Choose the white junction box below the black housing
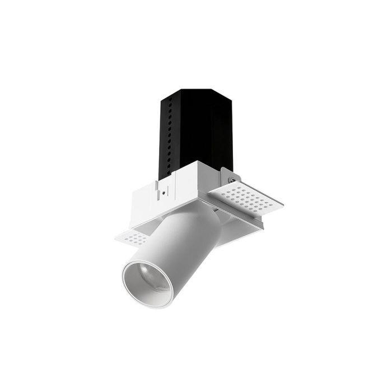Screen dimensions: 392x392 pos(168,190)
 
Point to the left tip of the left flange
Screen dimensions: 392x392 pos(115,236)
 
